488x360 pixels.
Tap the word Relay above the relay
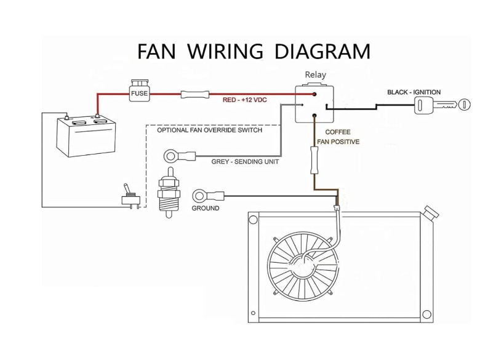pyautogui.click(x=315, y=74)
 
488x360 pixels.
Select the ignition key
pyautogui.click(x=442, y=105)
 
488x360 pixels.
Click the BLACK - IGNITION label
pyautogui.click(x=414, y=92)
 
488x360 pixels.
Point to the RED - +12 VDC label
pyautogui.click(x=245, y=100)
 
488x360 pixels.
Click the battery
pyautogui.click(x=86, y=135)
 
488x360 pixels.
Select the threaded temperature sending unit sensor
pyautogui.click(x=169, y=192)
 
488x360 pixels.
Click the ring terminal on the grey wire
pyautogui.click(x=180, y=156)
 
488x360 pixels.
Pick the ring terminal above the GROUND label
pyautogui.click(x=208, y=196)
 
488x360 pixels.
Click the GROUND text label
pyautogui.click(x=206, y=208)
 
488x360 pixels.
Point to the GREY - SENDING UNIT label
pyautogui.click(x=245, y=162)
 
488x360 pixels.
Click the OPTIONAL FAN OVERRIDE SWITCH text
pyautogui.click(x=209, y=130)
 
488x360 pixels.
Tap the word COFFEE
pyautogui.click(x=338, y=132)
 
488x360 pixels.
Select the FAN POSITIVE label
pyautogui.click(x=338, y=142)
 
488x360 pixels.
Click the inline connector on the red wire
pyautogui.click(x=195, y=94)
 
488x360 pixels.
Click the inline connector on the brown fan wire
pyautogui.click(x=314, y=160)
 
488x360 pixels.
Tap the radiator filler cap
pyautogui.click(x=431, y=212)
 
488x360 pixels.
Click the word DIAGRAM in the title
pyautogui.click(x=322, y=51)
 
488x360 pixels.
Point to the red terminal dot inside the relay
pyautogui.click(x=314, y=94)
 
